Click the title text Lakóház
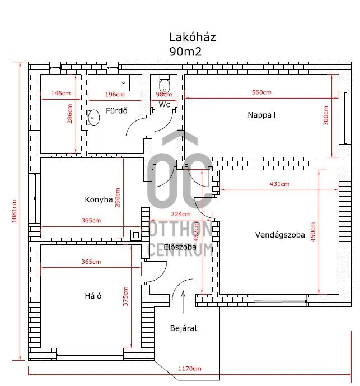(192, 38)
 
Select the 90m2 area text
(185, 51)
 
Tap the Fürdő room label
(116, 110)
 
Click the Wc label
(164, 105)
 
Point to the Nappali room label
(262, 115)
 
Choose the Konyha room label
(99, 199)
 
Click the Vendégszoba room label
(280, 235)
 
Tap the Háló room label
(93, 296)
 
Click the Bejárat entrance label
(184, 328)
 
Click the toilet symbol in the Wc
(164, 86)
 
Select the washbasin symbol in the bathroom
(94, 117)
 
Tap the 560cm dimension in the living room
(261, 92)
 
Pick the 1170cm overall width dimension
(190, 369)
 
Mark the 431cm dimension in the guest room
(279, 184)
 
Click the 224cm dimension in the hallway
(181, 214)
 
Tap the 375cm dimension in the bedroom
(125, 297)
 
